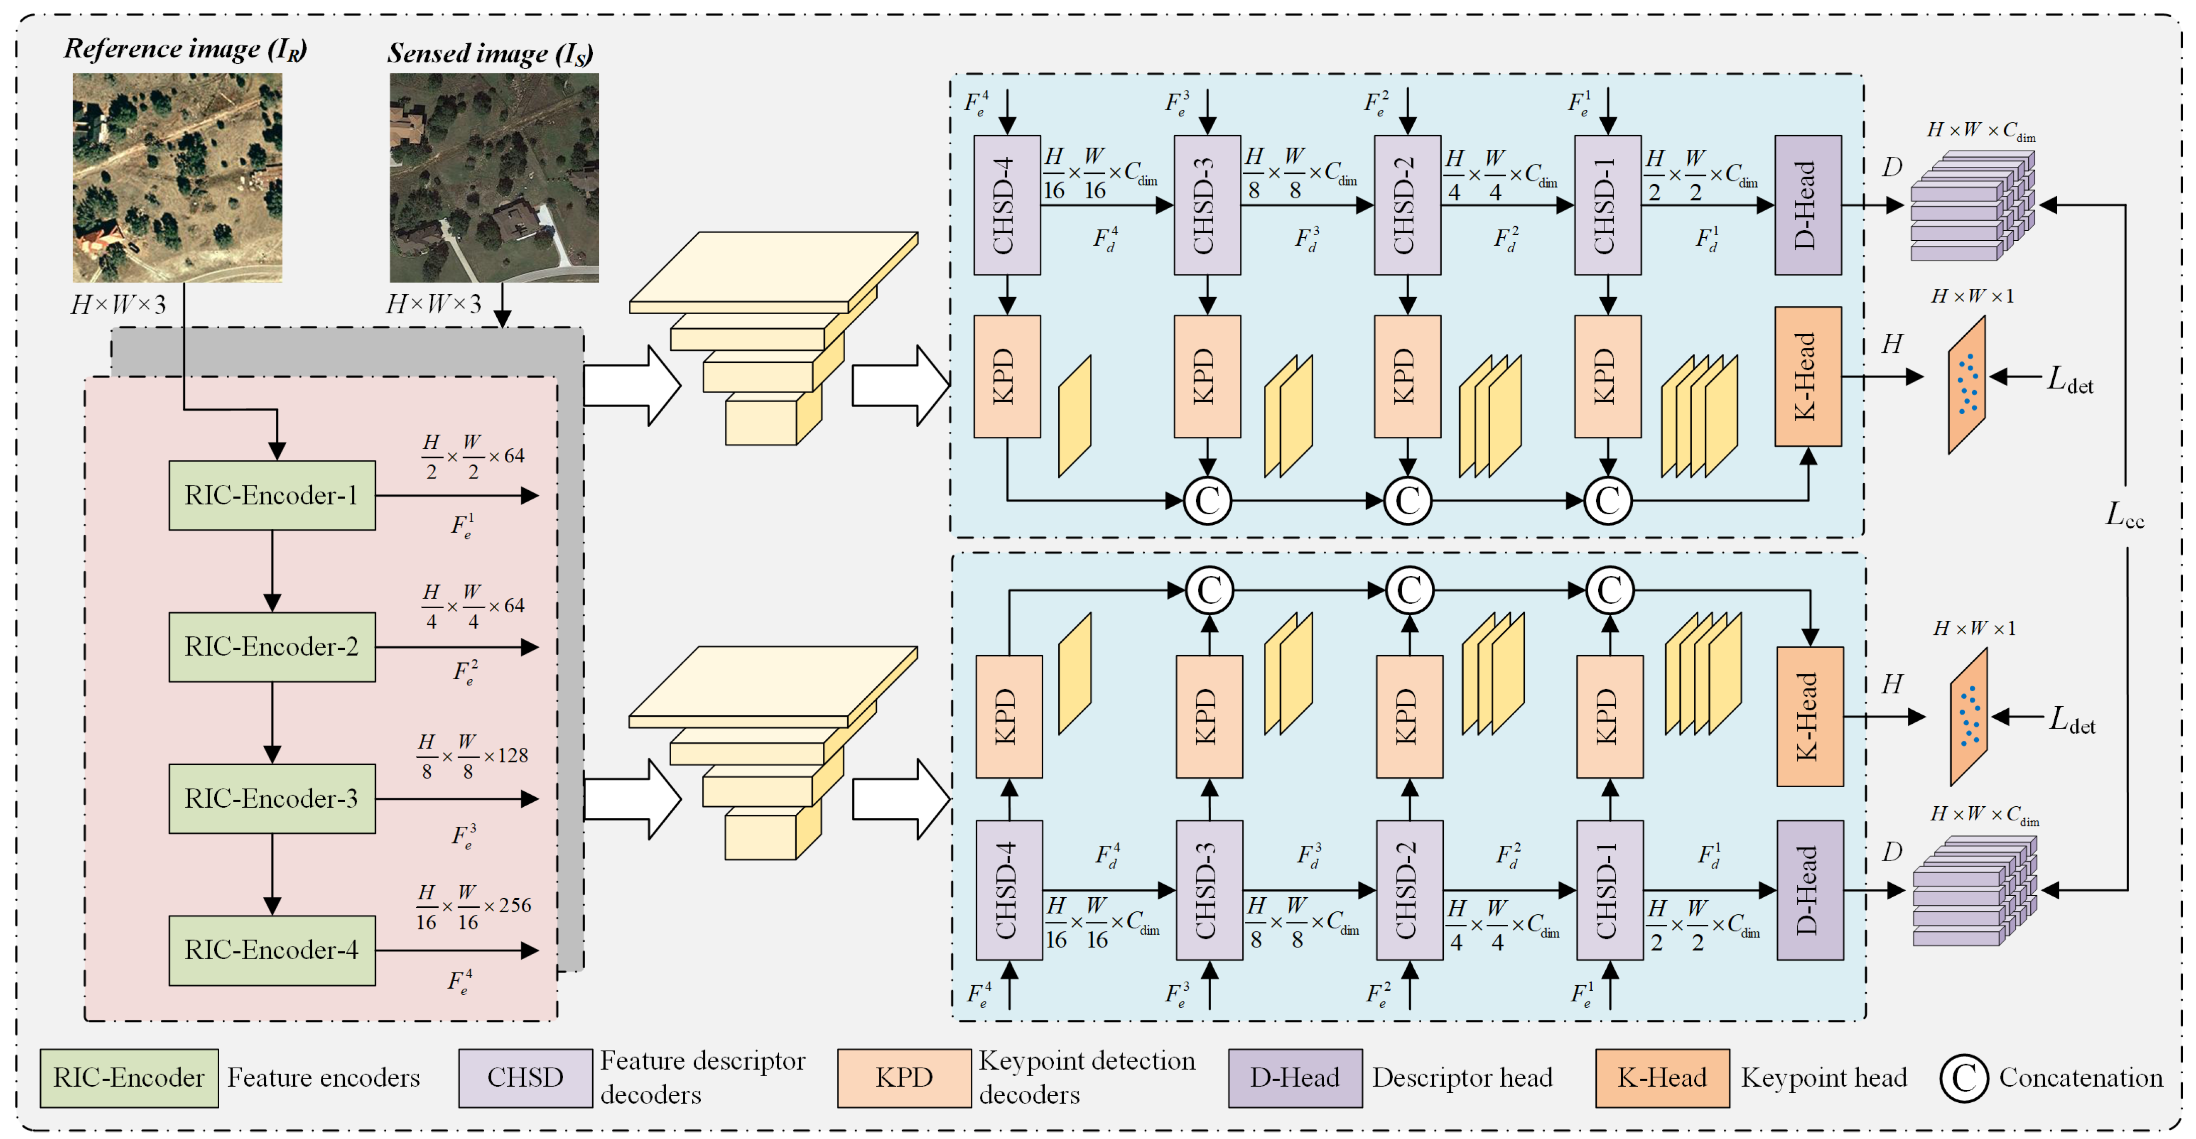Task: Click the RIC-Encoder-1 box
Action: coord(272,495)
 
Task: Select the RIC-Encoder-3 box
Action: coord(272,798)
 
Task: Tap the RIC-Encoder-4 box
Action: coord(272,950)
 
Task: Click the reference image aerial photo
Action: coord(177,177)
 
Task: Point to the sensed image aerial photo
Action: coord(494,177)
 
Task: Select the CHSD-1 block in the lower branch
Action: coord(1609,890)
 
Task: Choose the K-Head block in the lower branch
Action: coord(1810,716)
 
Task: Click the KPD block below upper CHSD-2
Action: coord(1408,376)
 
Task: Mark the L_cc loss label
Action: coord(2125,514)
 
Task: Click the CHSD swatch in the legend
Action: coord(525,1078)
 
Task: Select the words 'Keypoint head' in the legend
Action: coord(1823,1078)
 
